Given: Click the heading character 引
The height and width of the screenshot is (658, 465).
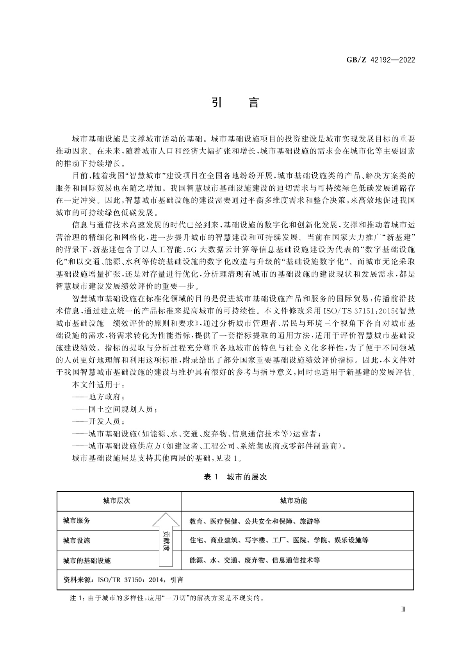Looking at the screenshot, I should click(217, 102).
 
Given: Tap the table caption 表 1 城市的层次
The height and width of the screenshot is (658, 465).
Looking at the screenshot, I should click(235, 477).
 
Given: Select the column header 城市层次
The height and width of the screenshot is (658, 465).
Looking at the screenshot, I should click(116, 501).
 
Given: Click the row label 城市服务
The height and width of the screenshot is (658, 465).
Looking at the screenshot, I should click(77, 521).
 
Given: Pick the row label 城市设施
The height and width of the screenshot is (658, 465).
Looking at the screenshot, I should click(77, 541).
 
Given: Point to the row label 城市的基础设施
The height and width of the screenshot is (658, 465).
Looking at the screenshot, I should click(87, 561).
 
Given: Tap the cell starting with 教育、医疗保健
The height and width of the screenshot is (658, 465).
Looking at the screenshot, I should click(255, 521).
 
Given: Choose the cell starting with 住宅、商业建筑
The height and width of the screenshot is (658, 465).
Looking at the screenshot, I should click(279, 541).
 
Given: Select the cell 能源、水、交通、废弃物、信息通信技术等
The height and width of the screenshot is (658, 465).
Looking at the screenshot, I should click(255, 561).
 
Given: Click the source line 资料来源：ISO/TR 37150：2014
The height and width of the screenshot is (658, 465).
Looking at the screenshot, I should click(123, 580).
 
